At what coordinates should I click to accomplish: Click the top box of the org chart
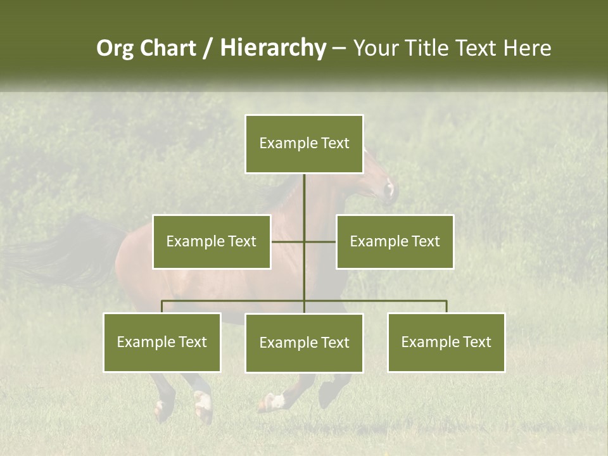pyautogui.click(x=304, y=144)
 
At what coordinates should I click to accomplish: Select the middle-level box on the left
pyautogui.click(x=212, y=241)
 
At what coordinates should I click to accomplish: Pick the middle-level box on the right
pyautogui.click(x=395, y=241)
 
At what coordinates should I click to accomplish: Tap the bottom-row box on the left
pyautogui.click(x=162, y=342)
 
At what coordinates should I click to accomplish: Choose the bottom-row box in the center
pyautogui.click(x=304, y=343)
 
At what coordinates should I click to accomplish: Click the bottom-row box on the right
pyautogui.click(x=446, y=342)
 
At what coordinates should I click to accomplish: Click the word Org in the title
pyautogui.click(x=115, y=48)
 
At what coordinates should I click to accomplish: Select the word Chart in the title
pyautogui.click(x=167, y=48)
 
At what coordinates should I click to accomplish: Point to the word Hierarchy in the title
pyautogui.click(x=273, y=48)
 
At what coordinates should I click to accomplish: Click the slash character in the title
pyautogui.click(x=208, y=48)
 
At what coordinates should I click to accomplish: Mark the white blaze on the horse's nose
pyautogui.click(x=390, y=188)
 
